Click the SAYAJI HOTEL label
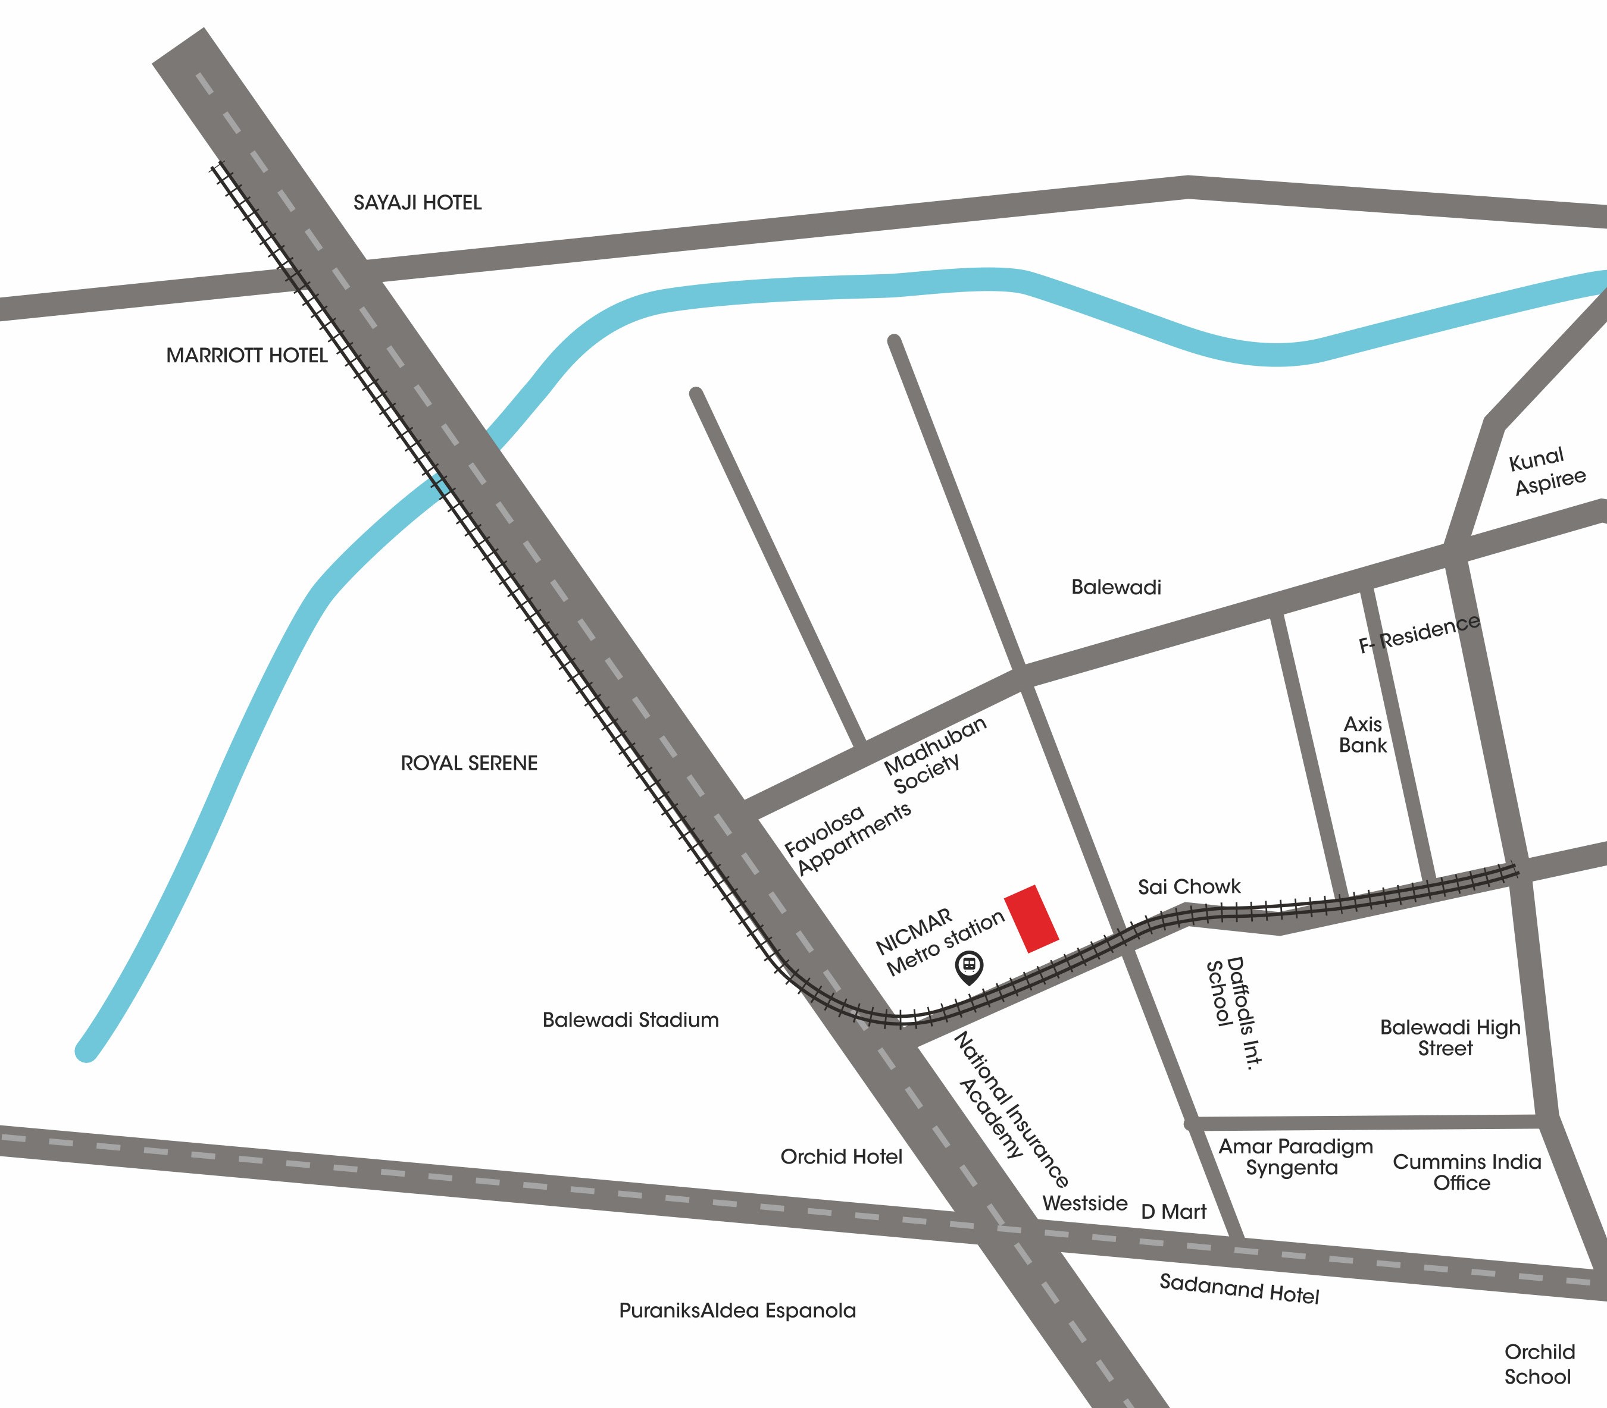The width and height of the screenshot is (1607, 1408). [417, 203]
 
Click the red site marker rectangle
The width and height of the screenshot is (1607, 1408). [1031, 918]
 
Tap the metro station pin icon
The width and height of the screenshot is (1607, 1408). [968, 967]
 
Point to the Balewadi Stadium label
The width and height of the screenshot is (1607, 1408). [630, 1020]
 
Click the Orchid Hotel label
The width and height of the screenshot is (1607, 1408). [840, 1156]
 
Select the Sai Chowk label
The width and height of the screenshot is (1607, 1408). [1189, 887]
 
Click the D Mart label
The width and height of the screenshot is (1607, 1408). [1173, 1212]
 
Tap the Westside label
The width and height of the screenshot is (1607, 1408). [1084, 1203]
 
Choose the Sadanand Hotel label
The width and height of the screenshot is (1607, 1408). [1239, 1290]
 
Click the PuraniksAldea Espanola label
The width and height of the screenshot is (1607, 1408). [737, 1310]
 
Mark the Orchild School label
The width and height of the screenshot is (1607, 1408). [1539, 1364]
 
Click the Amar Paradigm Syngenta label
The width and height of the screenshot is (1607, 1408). [1295, 1156]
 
